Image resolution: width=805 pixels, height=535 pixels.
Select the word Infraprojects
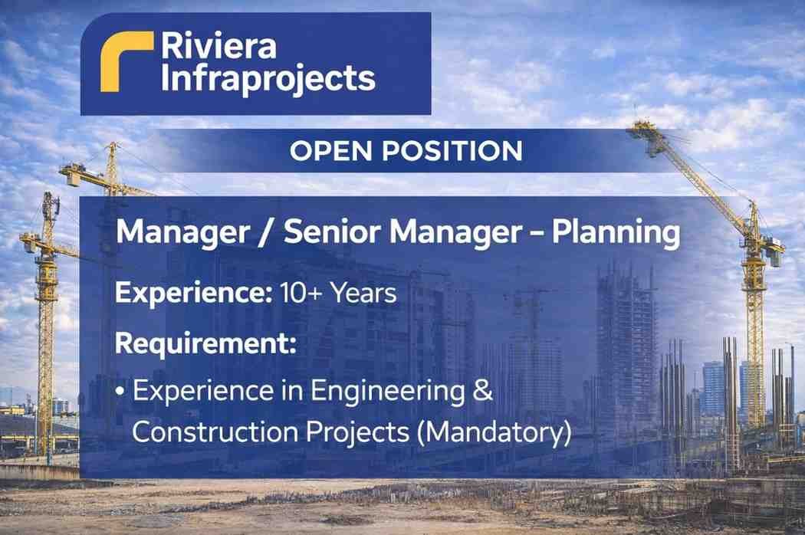pyautogui.click(x=268, y=78)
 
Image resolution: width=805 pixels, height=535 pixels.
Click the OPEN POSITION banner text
pyautogui.click(x=406, y=151)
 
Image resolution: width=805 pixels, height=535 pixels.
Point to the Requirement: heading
pyautogui.click(x=205, y=343)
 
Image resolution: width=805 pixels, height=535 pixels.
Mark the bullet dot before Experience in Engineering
pyautogui.click(x=121, y=392)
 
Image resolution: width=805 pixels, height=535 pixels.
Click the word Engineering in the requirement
pyautogui.click(x=382, y=392)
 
